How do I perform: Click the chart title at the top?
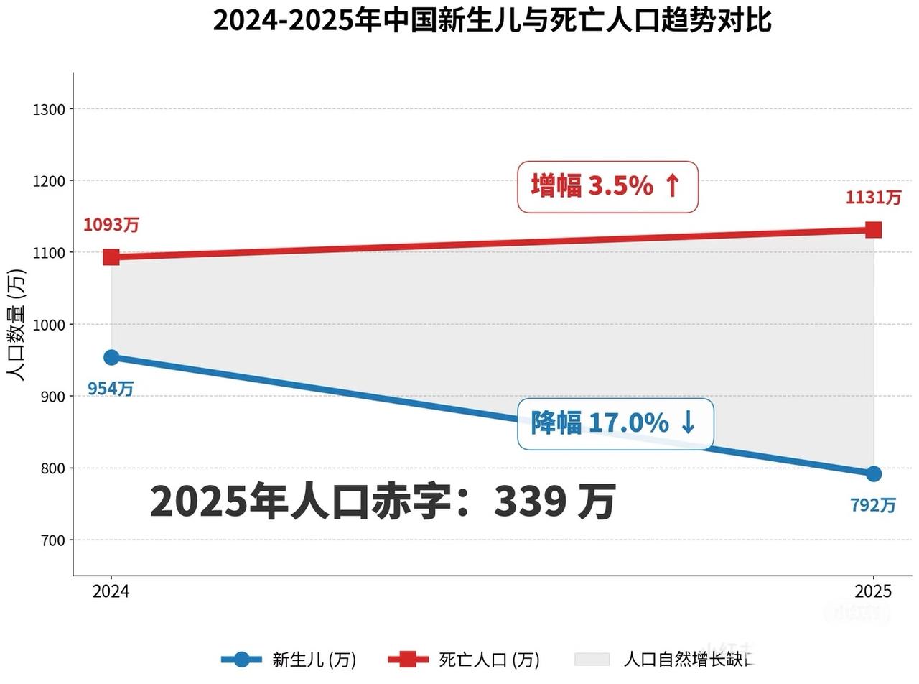click(x=492, y=20)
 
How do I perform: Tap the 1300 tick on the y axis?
click(x=49, y=109)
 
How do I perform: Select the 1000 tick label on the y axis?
click(x=49, y=325)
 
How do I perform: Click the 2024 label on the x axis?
click(x=111, y=591)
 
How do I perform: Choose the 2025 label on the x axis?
click(x=873, y=591)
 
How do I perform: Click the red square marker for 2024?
click(x=111, y=257)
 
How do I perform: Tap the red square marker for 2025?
click(x=873, y=230)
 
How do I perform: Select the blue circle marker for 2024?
click(x=111, y=357)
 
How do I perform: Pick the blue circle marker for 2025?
click(x=873, y=473)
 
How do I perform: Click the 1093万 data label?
click(x=111, y=225)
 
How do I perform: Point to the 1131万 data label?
click(x=873, y=198)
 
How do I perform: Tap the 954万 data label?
click(x=111, y=389)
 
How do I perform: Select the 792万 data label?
click(x=873, y=506)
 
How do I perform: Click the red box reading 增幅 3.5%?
click(x=607, y=187)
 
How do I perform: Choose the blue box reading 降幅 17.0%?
click(x=615, y=424)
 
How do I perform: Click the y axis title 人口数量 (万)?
click(x=16, y=325)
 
